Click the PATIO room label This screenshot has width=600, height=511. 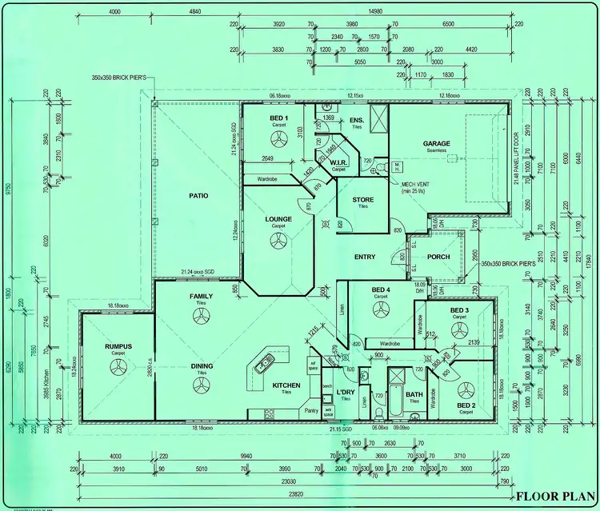(x=198, y=194)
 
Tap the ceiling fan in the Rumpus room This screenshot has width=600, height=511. (x=118, y=367)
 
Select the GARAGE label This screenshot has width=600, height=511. (x=437, y=144)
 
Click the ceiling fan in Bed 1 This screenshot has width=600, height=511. (x=278, y=140)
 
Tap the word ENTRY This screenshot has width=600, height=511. (x=365, y=257)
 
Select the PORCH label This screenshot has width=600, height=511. (x=438, y=257)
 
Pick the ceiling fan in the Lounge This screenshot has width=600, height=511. (x=278, y=242)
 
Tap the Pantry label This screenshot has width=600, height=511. (x=311, y=410)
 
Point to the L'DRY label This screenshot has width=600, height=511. (x=346, y=391)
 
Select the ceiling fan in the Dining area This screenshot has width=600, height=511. (x=201, y=386)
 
